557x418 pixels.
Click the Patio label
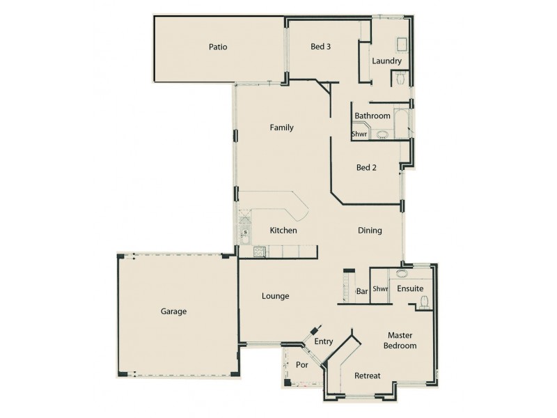(x=218, y=47)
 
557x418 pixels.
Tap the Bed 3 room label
(x=320, y=47)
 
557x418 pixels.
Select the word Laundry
(x=386, y=61)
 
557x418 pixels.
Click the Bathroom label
(x=372, y=116)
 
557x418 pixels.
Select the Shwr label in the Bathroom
(x=359, y=134)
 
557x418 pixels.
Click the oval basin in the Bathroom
(x=382, y=134)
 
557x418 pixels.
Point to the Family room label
(x=281, y=127)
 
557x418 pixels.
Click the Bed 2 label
(x=366, y=167)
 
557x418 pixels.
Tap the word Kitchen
(x=283, y=231)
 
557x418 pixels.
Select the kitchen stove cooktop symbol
(x=260, y=251)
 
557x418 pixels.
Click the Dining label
(x=370, y=231)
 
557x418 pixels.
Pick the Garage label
(x=173, y=311)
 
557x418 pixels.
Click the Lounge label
(x=275, y=296)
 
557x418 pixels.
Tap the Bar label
(x=361, y=291)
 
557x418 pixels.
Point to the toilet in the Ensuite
(x=424, y=302)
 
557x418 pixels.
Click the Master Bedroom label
(x=402, y=340)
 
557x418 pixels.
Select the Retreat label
(x=367, y=376)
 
